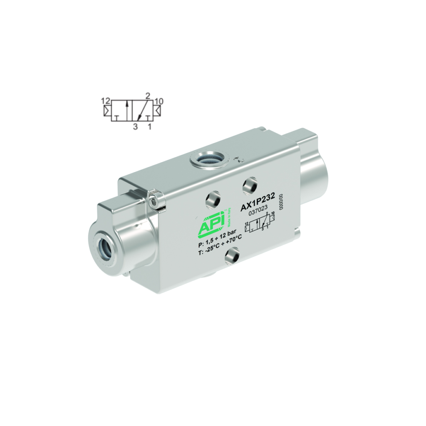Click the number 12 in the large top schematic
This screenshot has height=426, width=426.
click(105, 101)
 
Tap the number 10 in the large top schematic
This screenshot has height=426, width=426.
click(159, 101)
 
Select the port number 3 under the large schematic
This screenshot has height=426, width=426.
click(135, 127)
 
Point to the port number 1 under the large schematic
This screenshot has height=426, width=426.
click(149, 127)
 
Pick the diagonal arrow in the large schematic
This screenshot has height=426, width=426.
click(142, 110)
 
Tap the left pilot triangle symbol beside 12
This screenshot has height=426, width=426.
click(107, 111)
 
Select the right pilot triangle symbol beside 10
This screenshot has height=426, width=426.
click(157, 111)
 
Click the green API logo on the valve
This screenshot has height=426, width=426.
click(212, 226)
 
